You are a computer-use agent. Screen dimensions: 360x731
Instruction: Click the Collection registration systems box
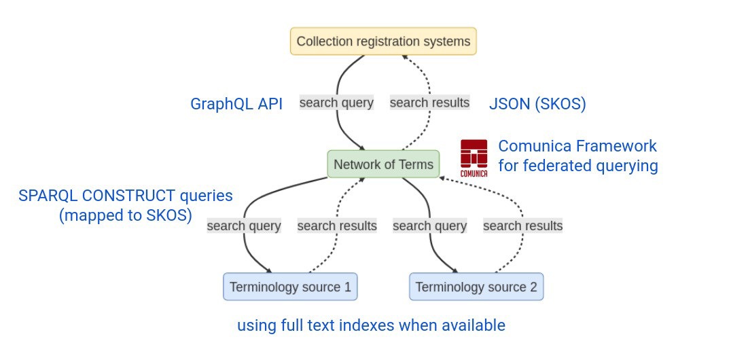coord(383,41)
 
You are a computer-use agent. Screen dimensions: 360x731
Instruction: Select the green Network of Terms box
coord(383,164)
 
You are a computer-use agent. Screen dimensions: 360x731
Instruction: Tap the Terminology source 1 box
coord(290,287)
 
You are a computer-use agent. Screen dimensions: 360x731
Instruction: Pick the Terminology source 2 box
coord(476,287)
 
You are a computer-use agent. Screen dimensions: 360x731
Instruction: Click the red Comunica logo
coord(474,157)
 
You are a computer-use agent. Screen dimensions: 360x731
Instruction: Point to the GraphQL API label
coord(236,104)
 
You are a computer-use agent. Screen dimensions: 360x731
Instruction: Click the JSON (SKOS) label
coord(537,104)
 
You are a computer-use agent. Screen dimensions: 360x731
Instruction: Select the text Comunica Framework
coord(577,146)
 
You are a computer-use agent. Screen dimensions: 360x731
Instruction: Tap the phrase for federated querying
coord(577,166)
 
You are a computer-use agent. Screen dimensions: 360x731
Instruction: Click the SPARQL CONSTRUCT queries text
coord(126,196)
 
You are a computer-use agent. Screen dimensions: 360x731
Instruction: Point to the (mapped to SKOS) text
coord(125,215)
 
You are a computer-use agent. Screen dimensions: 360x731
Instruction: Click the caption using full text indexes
coord(371,325)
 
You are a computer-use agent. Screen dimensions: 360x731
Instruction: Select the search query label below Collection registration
coord(336,103)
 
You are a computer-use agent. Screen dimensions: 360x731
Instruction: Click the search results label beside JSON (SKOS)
coord(429,103)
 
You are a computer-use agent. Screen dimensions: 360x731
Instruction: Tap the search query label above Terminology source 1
coord(244,226)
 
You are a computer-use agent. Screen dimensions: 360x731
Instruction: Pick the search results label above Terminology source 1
coord(337,226)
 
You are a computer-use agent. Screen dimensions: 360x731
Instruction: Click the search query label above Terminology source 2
coord(429,226)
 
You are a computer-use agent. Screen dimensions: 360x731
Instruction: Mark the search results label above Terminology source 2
coord(522,226)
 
